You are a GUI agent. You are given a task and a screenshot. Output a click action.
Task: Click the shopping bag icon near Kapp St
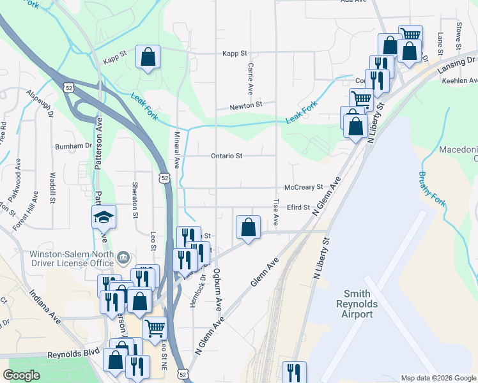[148, 56]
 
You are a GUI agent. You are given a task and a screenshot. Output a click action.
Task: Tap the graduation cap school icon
[104, 217]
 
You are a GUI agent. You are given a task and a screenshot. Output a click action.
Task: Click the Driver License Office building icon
[124, 257]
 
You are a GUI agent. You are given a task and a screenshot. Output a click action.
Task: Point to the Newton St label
[247, 104]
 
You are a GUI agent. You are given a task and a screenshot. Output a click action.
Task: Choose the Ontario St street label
[227, 156]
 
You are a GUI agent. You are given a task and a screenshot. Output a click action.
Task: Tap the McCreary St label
[304, 187]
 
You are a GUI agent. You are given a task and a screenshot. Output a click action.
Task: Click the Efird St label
[298, 207]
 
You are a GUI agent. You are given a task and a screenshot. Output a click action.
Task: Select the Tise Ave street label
[276, 211]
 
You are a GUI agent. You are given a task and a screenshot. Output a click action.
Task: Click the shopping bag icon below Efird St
[248, 227]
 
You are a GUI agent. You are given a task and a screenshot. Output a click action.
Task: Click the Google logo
[22, 375]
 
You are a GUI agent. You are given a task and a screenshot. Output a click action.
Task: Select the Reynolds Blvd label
[74, 353]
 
